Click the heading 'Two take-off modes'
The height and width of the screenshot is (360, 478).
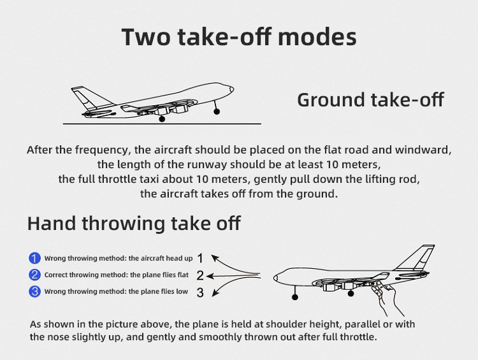point(239,36)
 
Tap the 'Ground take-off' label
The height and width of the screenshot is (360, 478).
point(370,100)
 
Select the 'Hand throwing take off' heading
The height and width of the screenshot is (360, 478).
point(134,223)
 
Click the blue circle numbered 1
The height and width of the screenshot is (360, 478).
point(34,258)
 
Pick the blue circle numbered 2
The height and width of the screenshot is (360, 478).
point(34,275)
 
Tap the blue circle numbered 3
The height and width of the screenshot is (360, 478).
point(34,292)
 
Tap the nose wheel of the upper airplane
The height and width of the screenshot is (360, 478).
point(217,111)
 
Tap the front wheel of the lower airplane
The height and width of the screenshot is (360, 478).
point(294,296)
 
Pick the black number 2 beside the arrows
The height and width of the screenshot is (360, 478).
point(199,276)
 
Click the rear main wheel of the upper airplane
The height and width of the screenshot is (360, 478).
point(162,119)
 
